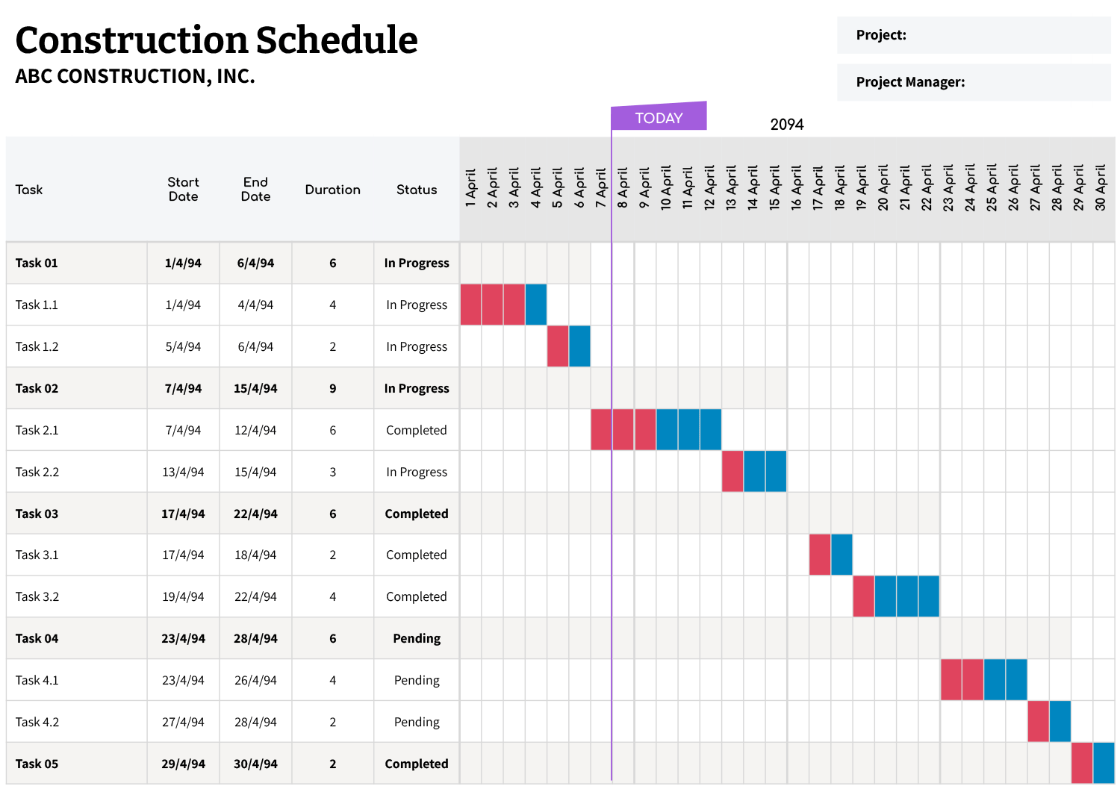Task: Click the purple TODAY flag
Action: coord(659,117)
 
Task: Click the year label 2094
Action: coord(786,125)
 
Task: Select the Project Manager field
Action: coord(974,82)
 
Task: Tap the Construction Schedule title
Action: coord(217,40)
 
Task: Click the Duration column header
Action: coord(332,190)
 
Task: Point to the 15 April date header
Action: coord(775,187)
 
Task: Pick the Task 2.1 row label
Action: coord(37,430)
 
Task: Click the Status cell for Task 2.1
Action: coord(416,430)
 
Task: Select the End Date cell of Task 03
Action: coord(255,514)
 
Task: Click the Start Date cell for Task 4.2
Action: coord(183,722)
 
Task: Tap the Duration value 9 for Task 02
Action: coord(332,388)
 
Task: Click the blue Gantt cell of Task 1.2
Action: coord(579,346)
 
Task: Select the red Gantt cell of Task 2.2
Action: coord(732,472)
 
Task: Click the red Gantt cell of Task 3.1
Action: coord(820,555)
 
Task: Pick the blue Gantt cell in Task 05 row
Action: coord(1104,763)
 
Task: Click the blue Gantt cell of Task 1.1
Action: coord(536,305)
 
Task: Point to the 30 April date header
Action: coord(1101,187)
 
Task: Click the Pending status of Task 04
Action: coord(416,638)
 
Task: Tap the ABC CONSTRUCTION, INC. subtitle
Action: coord(135,76)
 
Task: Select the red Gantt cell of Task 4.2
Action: coord(1038,722)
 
